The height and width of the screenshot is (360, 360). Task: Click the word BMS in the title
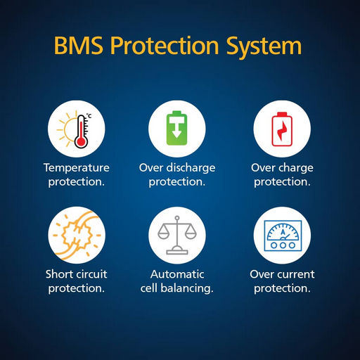pyautogui.click(x=79, y=45)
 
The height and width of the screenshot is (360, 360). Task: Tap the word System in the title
pyautogui.click(x=264, y=47)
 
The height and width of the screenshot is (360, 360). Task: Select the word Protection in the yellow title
pyautogui.click(x=165, y=45)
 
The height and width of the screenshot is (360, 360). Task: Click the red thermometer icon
pyautogui.click(x=82, y=131)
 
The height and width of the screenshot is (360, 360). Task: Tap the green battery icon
pyautogui.click(x=176, y=128)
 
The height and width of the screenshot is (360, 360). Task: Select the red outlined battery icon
pyautogui.click(x=282, y=129)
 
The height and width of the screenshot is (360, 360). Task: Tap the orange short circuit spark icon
pyautogui.click(x=77, y=235)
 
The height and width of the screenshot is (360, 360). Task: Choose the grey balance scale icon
pyautogui.click(x=177, y=235)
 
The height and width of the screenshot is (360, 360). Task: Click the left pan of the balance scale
pyautogui.click(x=163, y=234)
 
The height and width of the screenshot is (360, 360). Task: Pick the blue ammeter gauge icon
pyautogui.click(x=283, y=236)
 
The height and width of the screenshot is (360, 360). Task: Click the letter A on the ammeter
pyautogui.click(x=283, y=232)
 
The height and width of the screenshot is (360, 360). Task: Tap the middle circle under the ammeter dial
pyautogui.click(x=283, y=245)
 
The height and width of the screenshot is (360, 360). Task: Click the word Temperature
pyautogui.click(x=77, y=168)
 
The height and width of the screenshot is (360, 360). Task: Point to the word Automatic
pyautogui.click(x=177, y=274)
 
